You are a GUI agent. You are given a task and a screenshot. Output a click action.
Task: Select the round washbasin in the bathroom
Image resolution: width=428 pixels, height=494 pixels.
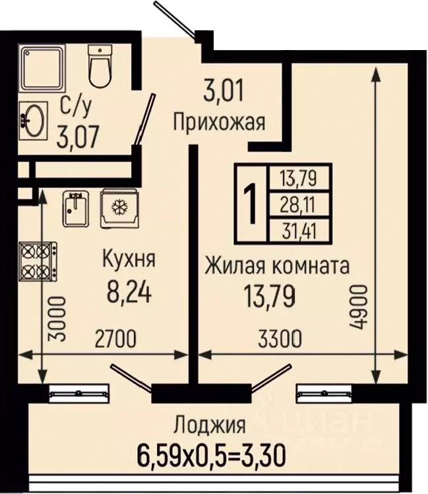tap(32, 119)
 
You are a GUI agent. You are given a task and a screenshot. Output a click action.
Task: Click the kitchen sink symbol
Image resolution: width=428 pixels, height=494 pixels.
tap(76, 209)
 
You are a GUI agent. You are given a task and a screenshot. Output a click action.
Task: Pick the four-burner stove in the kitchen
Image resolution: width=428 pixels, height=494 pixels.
tap(37, 261)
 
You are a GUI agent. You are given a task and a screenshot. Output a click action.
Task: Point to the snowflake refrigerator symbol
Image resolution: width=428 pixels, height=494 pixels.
tap(119, 209)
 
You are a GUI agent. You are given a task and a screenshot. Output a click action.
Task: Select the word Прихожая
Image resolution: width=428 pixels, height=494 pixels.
tap(219, 122)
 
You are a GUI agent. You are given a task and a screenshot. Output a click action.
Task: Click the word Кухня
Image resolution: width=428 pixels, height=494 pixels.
tap(129, 259)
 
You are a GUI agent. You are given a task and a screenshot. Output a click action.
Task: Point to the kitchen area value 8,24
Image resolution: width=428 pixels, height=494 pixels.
tap(129, 290)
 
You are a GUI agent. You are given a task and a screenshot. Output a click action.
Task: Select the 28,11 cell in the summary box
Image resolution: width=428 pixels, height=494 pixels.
tap(299, 206)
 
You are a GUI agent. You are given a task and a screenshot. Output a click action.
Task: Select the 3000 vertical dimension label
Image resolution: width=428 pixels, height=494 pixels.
tap(57, 317)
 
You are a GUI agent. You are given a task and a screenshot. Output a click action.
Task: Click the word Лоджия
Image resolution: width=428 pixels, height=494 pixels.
tap(210, 424)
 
